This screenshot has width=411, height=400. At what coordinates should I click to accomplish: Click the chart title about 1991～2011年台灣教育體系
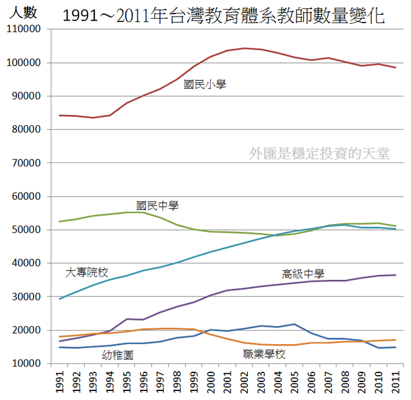click(224, 15)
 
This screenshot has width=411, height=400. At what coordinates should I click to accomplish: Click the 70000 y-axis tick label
click(28, 163)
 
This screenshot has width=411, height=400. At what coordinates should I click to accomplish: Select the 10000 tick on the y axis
click(28, 363)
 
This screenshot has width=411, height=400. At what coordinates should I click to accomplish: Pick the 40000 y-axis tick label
click(28, 263)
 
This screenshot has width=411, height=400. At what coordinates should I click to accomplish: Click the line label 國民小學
click(205, 84)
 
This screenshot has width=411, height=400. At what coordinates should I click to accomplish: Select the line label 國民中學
click(157, 206)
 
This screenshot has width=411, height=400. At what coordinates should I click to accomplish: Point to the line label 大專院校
click(87, 273)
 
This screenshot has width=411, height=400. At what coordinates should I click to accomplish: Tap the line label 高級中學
click(303, 273)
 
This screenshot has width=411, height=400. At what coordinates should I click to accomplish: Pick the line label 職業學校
click(264, 354)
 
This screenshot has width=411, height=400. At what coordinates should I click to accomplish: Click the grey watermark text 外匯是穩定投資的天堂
click(319, 153)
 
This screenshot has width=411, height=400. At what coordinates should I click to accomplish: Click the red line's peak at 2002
click(244, 48)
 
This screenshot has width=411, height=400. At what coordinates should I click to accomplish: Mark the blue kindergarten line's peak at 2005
click(294, 324)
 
